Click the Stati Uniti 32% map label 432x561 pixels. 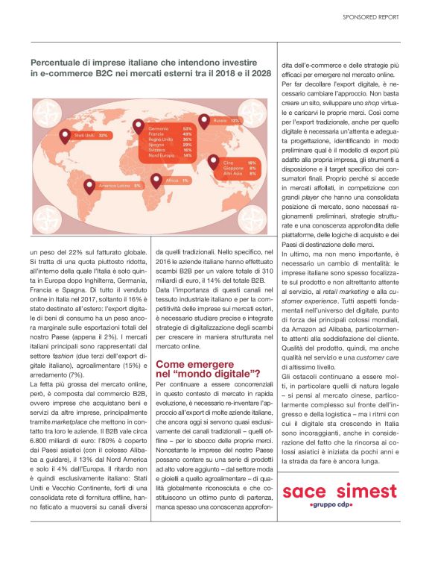92,135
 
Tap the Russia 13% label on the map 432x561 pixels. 226,120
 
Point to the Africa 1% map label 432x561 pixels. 176,181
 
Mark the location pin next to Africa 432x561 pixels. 155,180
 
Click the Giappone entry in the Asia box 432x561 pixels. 241,167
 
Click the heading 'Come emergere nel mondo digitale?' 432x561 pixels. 207,367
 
